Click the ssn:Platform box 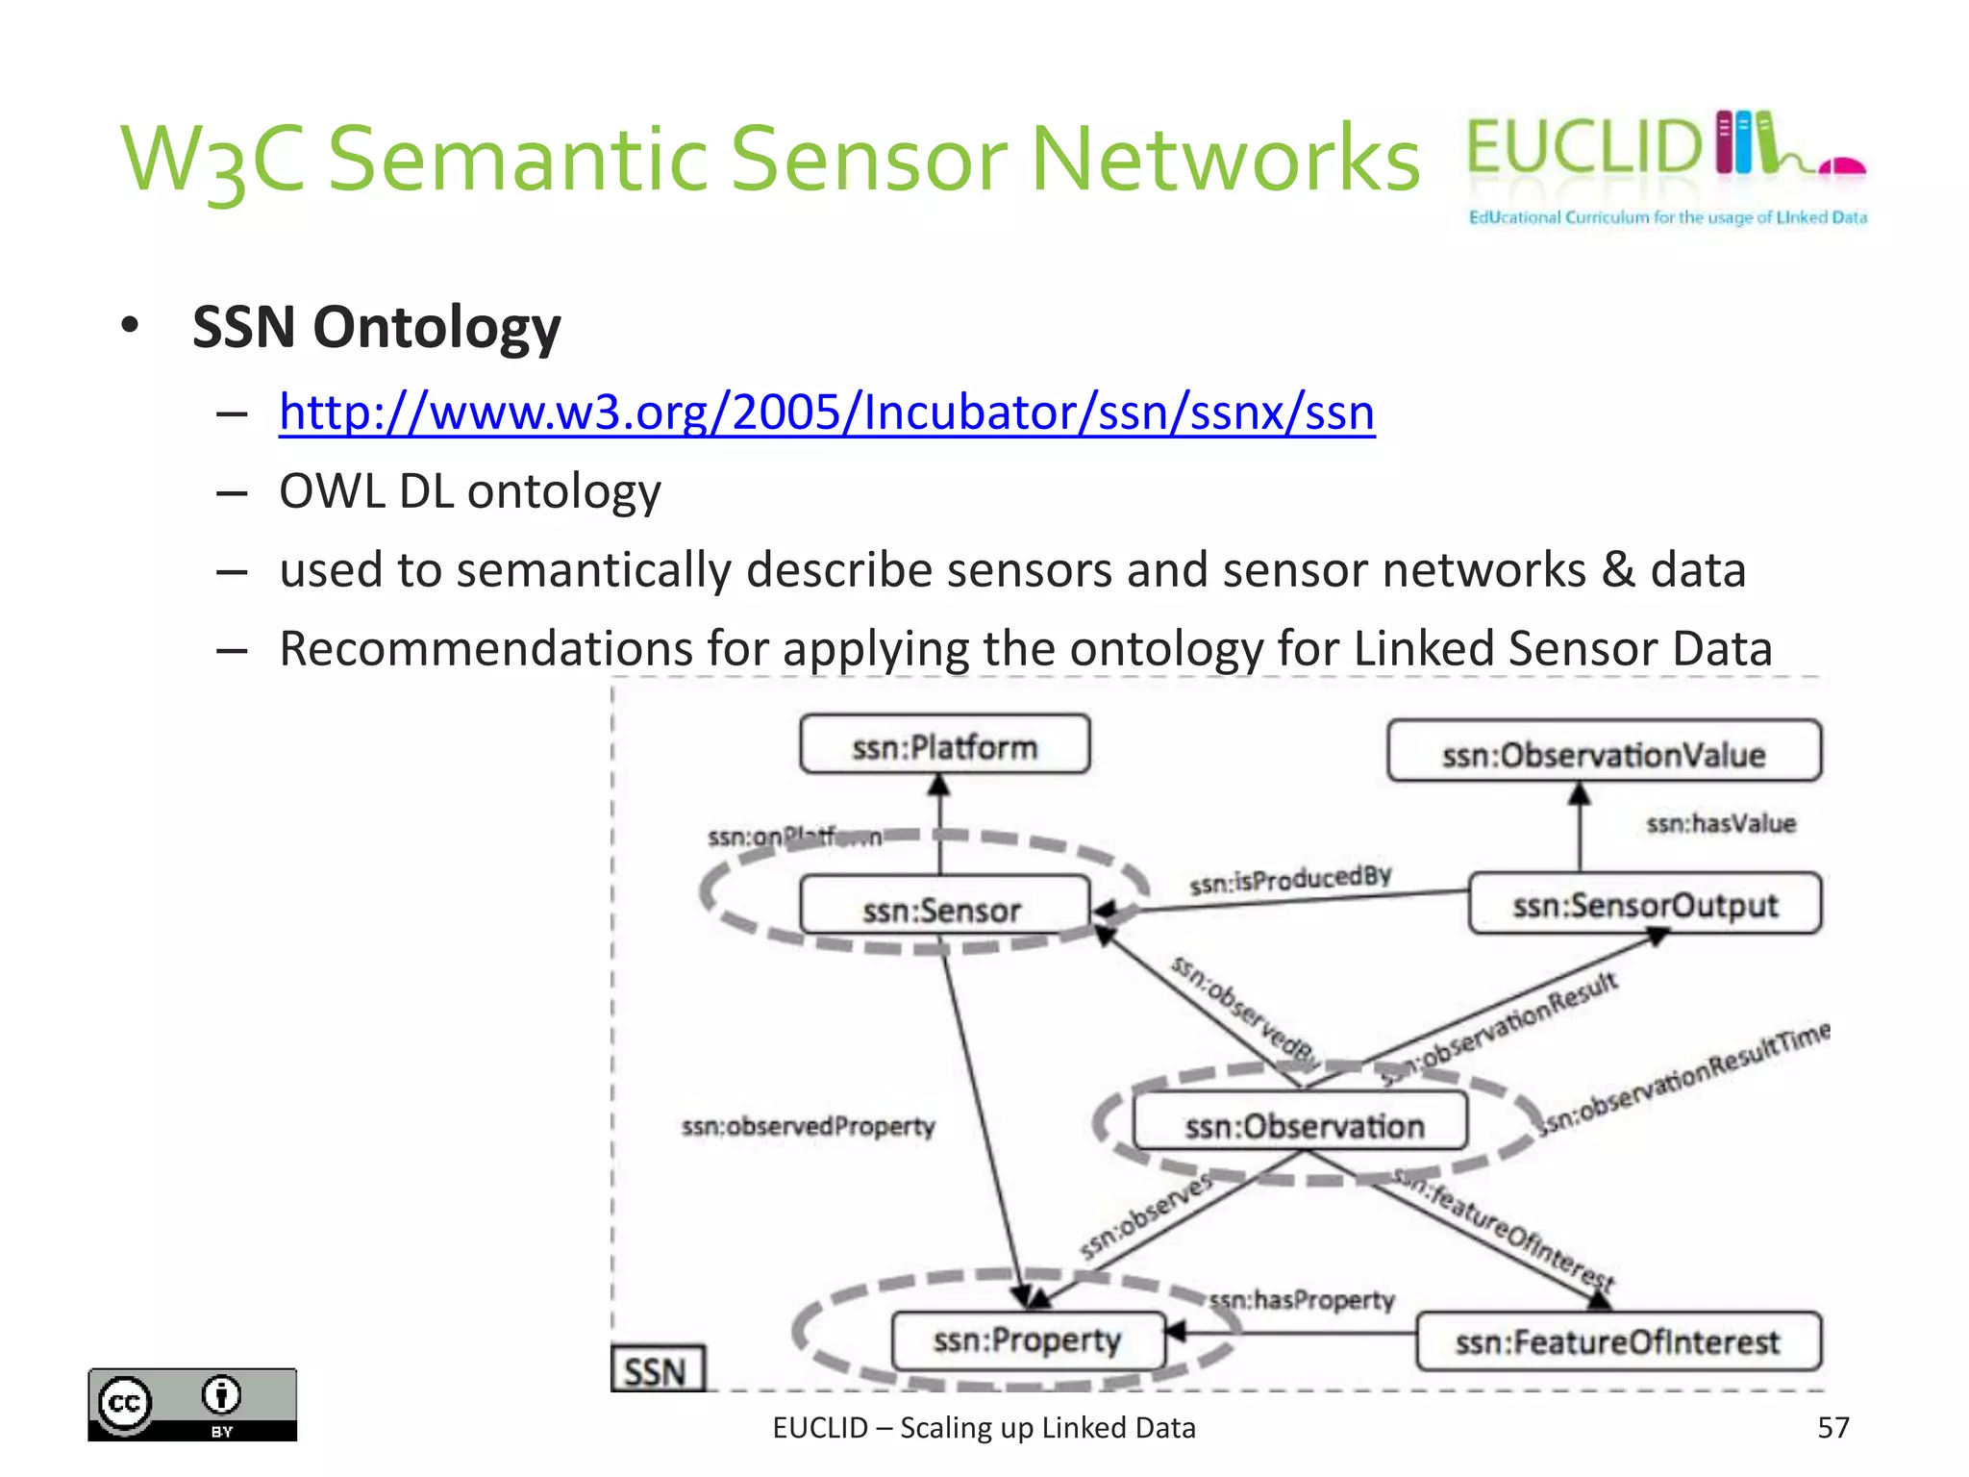[x=944, y=745]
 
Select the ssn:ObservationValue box [x=1603, y=753]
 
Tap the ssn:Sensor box [x=944, y=907]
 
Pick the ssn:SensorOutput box [x=1644, y=904]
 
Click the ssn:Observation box [x=1301, y=1123]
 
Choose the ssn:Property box [x=1027, y=1340]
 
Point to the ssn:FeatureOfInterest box [x=1617, y=1341]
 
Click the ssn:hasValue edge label [x=1720, y=824]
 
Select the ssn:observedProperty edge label [x=808, y=1126]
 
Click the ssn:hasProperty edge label [x=1302, y=1300]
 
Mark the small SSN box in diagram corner [x=657, y=1369]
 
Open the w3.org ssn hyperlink [x=826, y=413]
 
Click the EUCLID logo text [x=1583, y=147]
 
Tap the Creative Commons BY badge [x=192, y=1404]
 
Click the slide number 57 [x=1832, y=1427]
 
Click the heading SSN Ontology [x=376, y=327]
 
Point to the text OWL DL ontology [x=469, y=491]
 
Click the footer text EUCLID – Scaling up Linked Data [x=984, y=1428]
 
